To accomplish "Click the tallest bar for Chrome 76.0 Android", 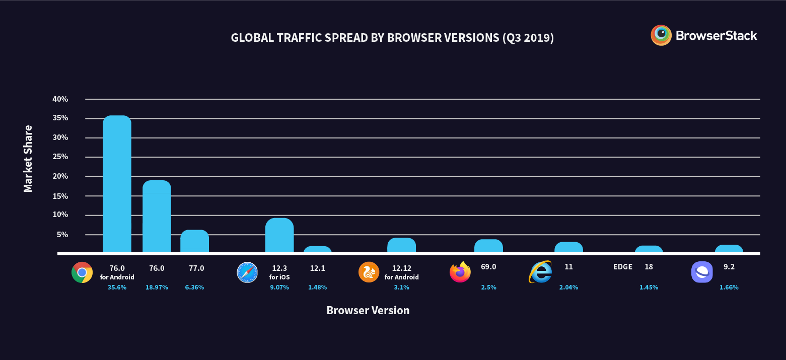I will [x=117, y=184].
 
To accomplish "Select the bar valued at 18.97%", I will [x=157, y=217].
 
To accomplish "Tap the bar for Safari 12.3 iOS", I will [x=279, y=235].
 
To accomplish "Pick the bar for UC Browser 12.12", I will [x=401, y=245].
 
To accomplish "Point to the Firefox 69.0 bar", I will [x=488, y=246].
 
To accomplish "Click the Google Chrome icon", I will [x=82, y=272].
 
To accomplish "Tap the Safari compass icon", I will [x=247, y=272].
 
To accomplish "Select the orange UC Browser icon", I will [x=369, y=272].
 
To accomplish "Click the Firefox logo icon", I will [x=460, y=272].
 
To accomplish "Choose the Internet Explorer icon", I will [x=540, y=272].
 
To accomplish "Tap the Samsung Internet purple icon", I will [x=702, y=272].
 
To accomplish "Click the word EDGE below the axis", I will [x=622, y=267].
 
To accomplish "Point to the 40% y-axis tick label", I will [x=60, y=99].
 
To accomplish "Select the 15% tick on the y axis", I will [x=60, y=196].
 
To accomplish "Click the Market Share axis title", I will [x=28, y=158].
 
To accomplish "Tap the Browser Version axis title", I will [x=368, y=310].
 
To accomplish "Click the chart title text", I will [x=392, y=38].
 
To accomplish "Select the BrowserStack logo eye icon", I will [x=661, y=35].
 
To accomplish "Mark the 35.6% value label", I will [x=117, y=287].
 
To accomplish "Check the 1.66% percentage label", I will [x=729, y=287].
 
